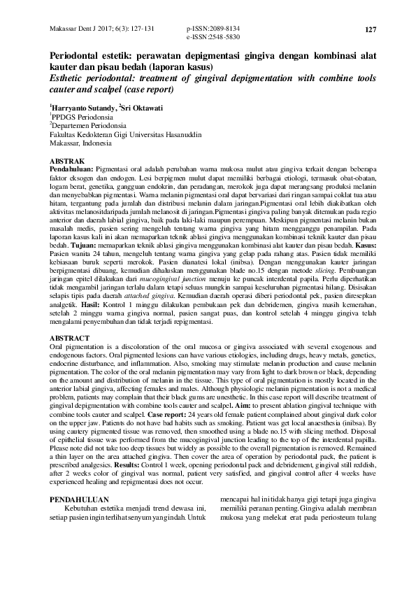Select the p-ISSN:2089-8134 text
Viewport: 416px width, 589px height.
pos(213,28)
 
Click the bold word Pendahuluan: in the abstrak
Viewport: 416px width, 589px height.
pos(72,169)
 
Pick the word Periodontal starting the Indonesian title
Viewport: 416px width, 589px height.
pos(76,55)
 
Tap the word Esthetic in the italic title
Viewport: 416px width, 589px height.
pos(69,78)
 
